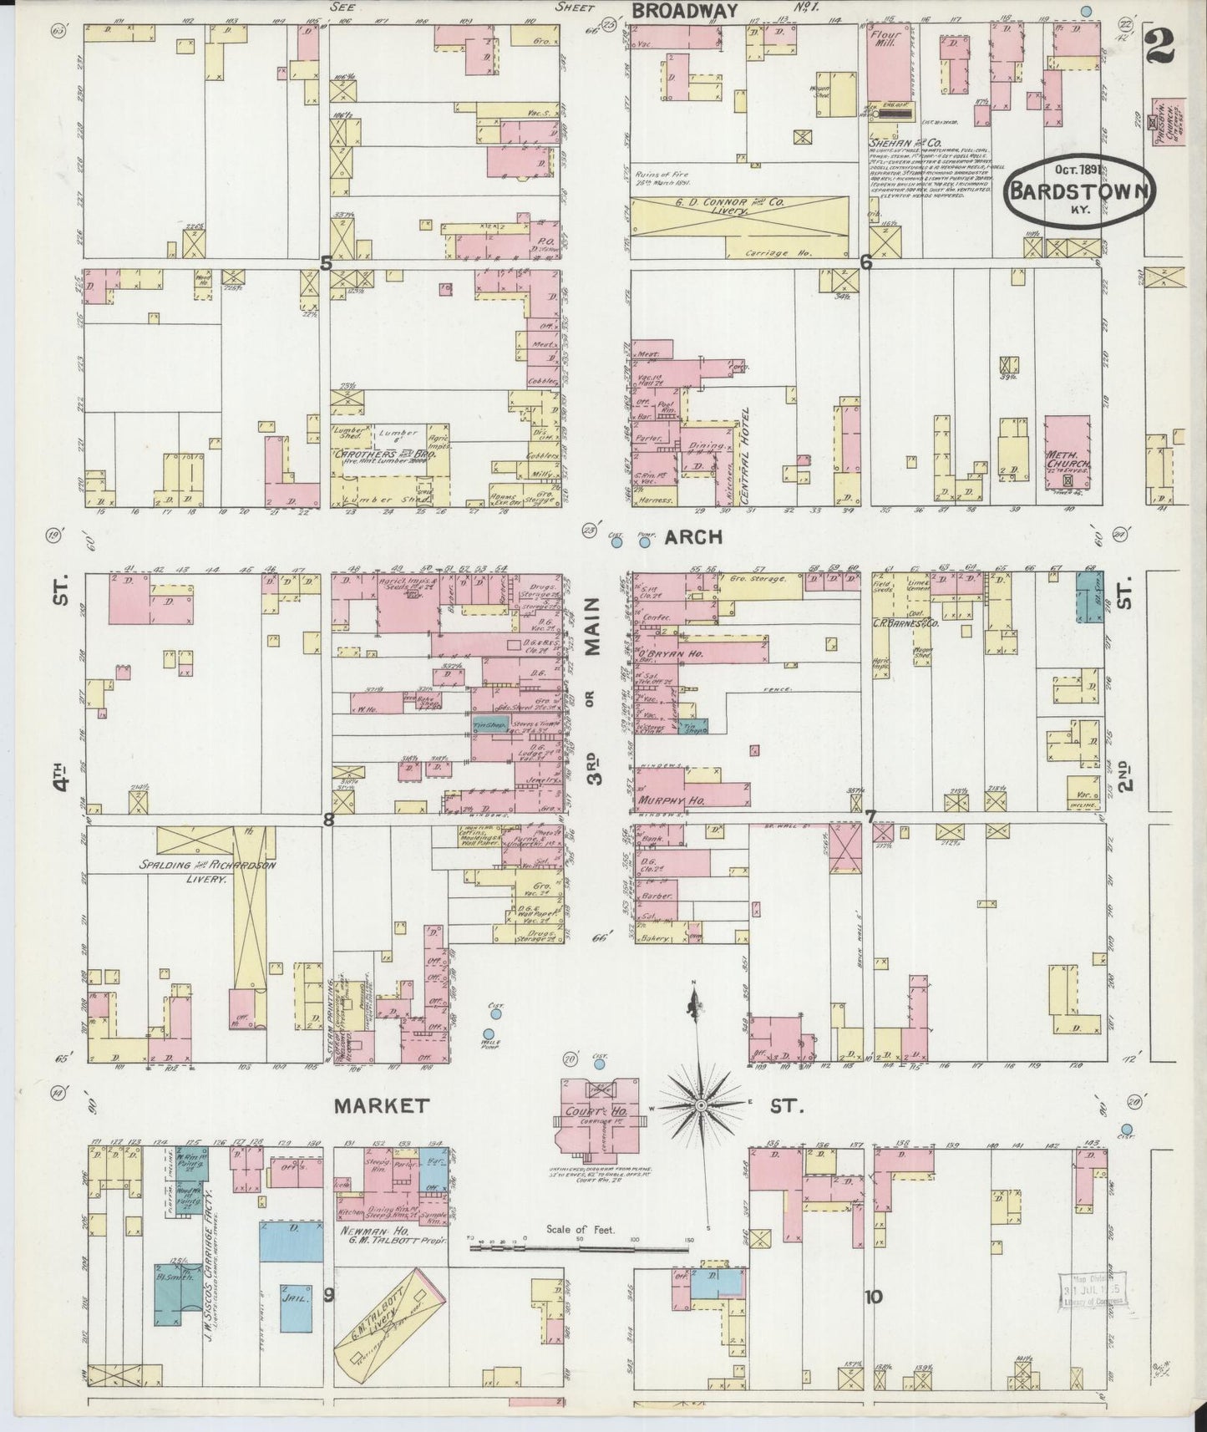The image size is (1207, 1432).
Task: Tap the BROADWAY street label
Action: [685, 10]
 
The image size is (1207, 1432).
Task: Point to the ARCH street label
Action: [693, 537]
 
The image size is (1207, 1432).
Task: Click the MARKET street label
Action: [382, 1105]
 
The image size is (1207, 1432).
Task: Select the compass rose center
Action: [700, 1105]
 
